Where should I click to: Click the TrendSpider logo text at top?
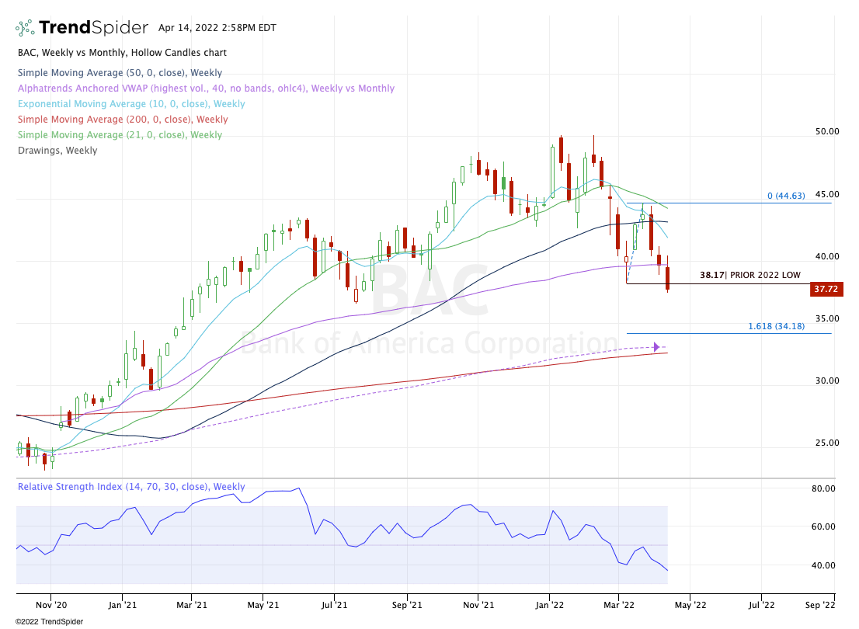tap(93, 28)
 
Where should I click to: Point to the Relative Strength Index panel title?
tap(130, 487)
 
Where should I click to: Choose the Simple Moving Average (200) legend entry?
tap(123, 120)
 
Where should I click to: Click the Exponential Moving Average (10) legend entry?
tap(130, 104)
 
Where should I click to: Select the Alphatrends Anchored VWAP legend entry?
tap(205, 89)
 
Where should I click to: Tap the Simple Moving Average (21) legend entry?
tap(121, 135)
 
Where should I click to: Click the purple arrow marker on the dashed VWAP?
tap(657, 347)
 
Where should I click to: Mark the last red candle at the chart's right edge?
tap(667, 279)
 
